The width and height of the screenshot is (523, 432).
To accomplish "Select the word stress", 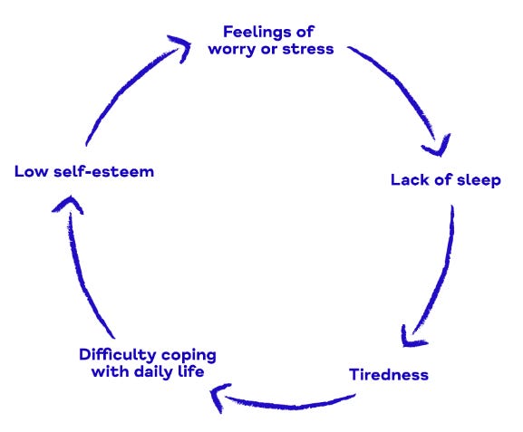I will pos(309,48).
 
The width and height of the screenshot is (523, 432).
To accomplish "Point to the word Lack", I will pos(410,179).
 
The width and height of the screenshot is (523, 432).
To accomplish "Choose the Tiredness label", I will pos(388,373).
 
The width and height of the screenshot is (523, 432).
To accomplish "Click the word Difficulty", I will pos(115,354).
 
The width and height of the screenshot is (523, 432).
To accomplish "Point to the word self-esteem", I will pos(103,171).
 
